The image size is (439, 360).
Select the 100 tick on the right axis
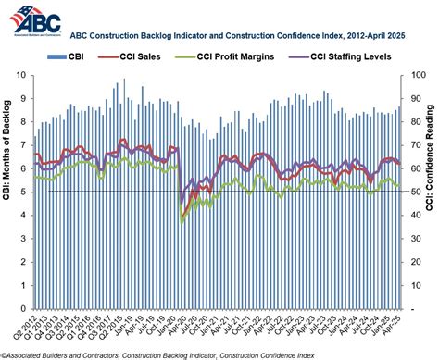click(x=415, y=74)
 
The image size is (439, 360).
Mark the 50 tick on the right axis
click(x=413, y=192)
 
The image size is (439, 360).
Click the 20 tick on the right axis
click(x=413, y=262)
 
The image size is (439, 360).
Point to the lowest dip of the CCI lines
click(x=182, y=220)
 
